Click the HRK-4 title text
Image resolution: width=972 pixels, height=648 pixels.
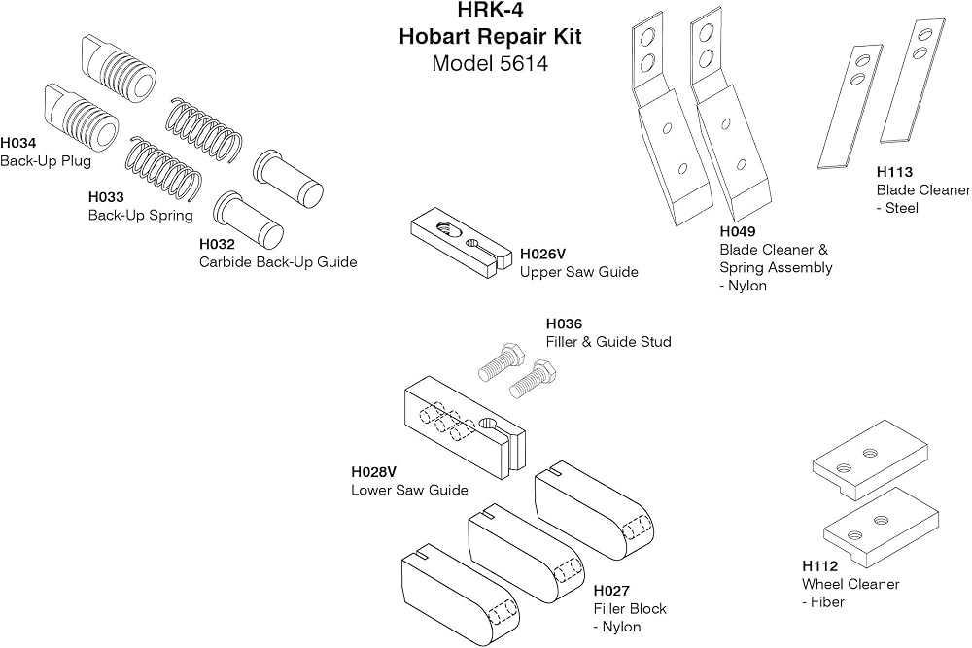[490, 11]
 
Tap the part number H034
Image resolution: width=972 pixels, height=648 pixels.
[17, 143]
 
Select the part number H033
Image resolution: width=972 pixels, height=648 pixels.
[106, 197]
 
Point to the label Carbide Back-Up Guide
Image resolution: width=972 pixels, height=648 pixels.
[278, 262]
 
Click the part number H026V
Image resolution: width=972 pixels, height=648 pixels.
[542, 254]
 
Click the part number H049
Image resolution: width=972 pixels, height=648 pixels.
[738, 231]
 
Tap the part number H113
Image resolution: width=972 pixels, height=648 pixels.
[894, 172]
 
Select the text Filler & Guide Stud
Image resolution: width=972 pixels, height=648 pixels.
[608, 342]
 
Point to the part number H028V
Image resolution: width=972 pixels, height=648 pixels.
[374, 472]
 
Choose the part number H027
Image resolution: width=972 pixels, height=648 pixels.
[611, 591]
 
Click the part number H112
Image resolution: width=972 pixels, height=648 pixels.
[820, 566]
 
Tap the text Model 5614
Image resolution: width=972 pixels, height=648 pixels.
[490, 64]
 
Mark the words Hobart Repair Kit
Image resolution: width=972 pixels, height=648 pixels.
[490, 37]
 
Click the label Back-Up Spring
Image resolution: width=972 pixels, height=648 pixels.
[141, 216]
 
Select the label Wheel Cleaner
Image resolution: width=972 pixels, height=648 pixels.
[850, 584]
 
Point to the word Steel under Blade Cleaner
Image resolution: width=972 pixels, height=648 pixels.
[902, 208]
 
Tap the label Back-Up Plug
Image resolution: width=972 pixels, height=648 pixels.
[46, 161]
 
